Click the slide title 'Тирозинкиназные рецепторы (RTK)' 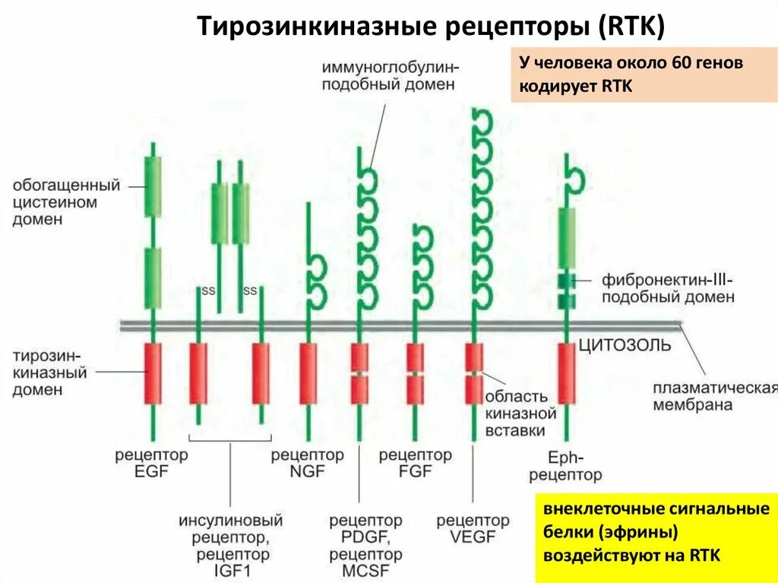click(x=431, y=27)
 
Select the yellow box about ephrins click(x=656, y=532)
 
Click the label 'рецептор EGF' click(x=151, y=463)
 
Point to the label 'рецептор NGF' click(x=308, y=463)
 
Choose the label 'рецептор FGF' click(x=415, y=463)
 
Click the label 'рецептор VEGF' click(x=473, y=529)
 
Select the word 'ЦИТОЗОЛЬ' click(x=625, y=346)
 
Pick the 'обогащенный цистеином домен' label click(x=66, y=202)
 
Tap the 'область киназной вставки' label click(x=516, y=413)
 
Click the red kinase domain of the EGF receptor click(x=153, y=373)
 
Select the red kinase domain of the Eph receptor click(x=566, y=373)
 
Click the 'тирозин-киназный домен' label click(x=50, y=372)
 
